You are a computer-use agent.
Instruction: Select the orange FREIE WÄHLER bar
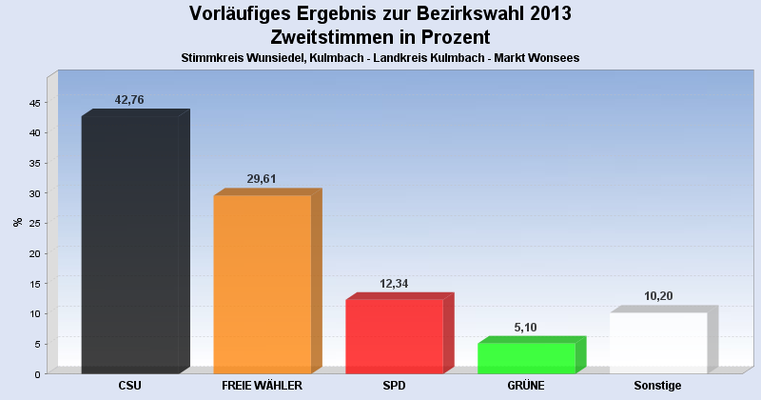pyautogui.click(x=263, y=284)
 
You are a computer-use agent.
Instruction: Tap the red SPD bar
pyautogui.click(x=394, y=336)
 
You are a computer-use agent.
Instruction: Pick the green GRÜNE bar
pyautogui.click(x=526, y=357)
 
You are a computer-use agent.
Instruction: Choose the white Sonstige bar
pyautogui.click(x=658, y=342)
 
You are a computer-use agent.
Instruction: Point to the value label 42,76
pyautogui.click(x=129, y=100)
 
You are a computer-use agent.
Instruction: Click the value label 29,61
pyautogui.click(x=262, y=179)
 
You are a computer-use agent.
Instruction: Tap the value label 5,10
pyautogui.click(x=526, y=327)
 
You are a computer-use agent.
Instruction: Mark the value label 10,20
pyautogui.click(x=658, y=296)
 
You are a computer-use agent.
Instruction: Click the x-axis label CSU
pyautogui.click(x=130, y=386)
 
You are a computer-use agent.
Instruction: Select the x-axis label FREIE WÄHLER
pyautogui.click(x=262, y=386)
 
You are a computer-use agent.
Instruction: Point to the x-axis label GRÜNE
pyautogui.click(x=526, y=386)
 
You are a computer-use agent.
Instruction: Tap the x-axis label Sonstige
pyautogui.click(x=658, y=386)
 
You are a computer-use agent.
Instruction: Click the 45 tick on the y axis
pyautogui.click(x=34, y=103)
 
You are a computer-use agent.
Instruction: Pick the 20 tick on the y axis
pyautogui.click(x=34, y=253)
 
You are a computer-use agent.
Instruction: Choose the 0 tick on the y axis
pyautogui.click(x=37, y=374)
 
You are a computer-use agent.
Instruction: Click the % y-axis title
pyautogui.click(x=18, y=223)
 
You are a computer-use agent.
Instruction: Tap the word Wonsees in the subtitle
pyautogui.click(x=556, y=57)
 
